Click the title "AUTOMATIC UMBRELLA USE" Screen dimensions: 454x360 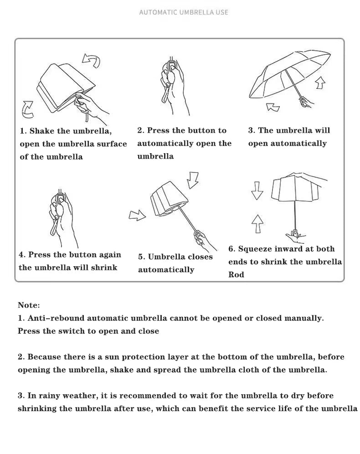coord(184,12)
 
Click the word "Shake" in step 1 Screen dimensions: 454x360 coord(41,131)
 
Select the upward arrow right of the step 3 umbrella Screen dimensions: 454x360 coord(320,83)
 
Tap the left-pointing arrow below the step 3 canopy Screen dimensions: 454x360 coord(273,107)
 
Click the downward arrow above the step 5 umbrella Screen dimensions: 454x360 coord(193,180)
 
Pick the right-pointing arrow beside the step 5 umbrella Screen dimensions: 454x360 coord(137,215)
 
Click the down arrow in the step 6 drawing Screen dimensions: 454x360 coord(257,190)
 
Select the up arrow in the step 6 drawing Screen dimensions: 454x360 coord(257,223)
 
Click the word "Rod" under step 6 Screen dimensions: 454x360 coord(236,274)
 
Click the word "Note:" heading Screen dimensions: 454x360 coord(29,305)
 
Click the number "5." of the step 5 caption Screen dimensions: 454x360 coord(142,257)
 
